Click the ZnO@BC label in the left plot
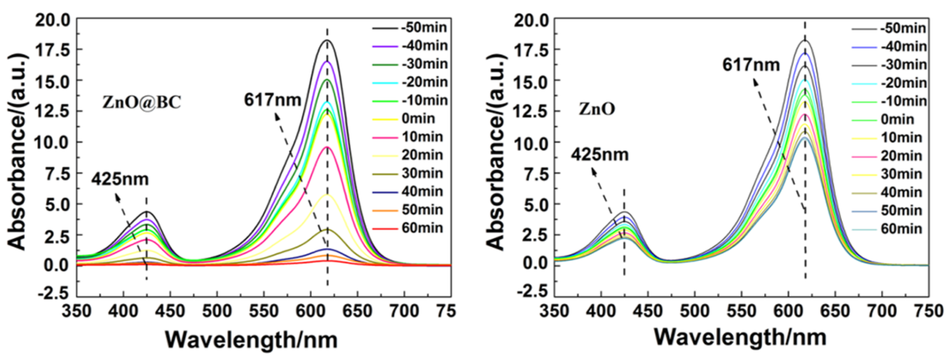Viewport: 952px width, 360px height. [x=142, y=102]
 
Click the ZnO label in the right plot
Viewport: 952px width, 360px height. [x=597, y=109]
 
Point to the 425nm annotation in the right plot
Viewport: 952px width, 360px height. [x=600, y=154]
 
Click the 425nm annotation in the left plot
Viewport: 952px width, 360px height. [x=120, y=179]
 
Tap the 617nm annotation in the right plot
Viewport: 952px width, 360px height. [x=751, y=65]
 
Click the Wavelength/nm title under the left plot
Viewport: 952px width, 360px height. [x=251, y=339]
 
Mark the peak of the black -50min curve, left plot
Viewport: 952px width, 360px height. [x=327, y=40]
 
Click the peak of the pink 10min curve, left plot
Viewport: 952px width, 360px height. [x=327, y=147]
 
